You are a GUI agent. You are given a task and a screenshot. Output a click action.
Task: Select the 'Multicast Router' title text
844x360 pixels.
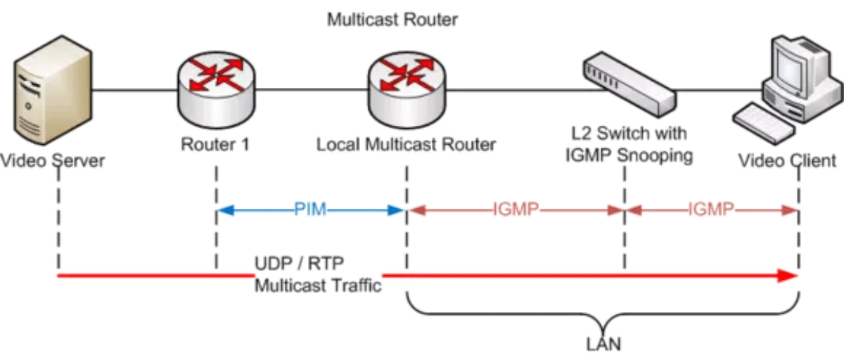click(x=392, y=20)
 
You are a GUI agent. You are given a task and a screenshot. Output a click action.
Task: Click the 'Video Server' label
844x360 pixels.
click(x=53, y=161)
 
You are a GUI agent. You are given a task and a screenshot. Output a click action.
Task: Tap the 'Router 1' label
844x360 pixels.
click(x=215, y=145)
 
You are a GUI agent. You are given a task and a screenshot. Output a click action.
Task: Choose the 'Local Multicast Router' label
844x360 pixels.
click(x=406, y=145)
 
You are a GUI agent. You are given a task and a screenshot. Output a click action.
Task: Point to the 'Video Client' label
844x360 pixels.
click(x=787, y=161)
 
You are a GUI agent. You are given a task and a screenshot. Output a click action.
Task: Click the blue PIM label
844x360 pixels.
click(x=309, y=210)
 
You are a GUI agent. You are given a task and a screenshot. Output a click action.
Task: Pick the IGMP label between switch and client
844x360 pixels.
click(x=711, y=210)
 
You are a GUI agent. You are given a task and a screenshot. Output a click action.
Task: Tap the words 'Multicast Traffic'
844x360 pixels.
click(x=317, y=286)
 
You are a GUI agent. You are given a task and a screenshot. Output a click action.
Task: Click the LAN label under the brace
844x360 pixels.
click(x=603, y=345)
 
